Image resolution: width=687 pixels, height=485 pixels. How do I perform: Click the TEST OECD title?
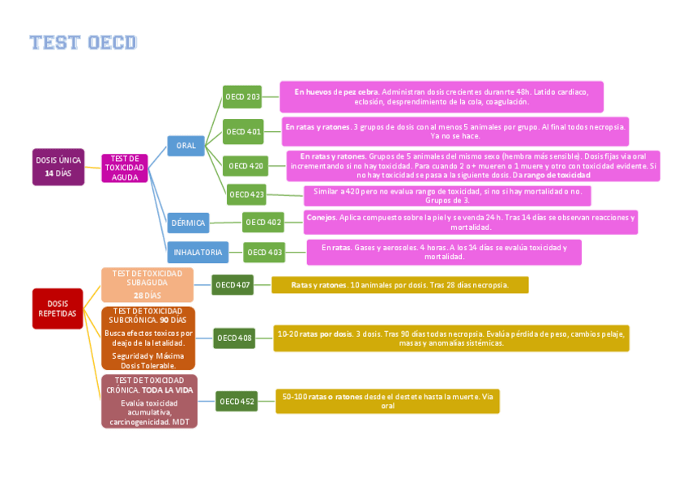[83, 42]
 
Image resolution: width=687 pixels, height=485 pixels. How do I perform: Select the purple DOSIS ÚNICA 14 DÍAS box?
[58, 167]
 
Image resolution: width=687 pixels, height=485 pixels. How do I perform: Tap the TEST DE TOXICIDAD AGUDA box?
[125, 168]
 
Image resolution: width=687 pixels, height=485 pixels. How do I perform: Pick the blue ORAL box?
[186, 146]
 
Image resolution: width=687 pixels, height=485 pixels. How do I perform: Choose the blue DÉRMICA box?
[188, 223]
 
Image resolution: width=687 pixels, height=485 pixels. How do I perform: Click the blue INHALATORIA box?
[198, 253]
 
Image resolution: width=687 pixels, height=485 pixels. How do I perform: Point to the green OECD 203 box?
[243, 97]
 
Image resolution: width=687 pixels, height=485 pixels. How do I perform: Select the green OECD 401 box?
[243, 131]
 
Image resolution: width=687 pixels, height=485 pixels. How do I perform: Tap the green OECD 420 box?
[245, 166]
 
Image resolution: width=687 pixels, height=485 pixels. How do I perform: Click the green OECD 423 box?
[246, 194]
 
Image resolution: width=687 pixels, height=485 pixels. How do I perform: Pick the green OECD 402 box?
[263, 222]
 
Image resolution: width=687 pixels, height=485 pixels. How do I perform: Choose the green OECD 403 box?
[264, 253]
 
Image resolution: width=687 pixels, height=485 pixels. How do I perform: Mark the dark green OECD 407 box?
[233, 285]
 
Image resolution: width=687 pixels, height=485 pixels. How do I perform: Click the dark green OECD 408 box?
[235, 338]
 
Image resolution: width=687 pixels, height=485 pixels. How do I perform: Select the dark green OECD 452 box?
[237, 401]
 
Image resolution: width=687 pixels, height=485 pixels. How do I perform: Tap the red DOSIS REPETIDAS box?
[58, 308]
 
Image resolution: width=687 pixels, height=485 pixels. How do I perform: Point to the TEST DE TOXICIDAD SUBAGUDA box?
[147, 284]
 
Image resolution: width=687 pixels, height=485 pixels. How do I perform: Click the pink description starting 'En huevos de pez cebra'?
[442, 97]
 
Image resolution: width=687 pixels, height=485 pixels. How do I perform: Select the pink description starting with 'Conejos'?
[471, 222]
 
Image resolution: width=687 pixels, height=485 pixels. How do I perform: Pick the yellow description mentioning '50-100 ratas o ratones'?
[387, 401]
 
